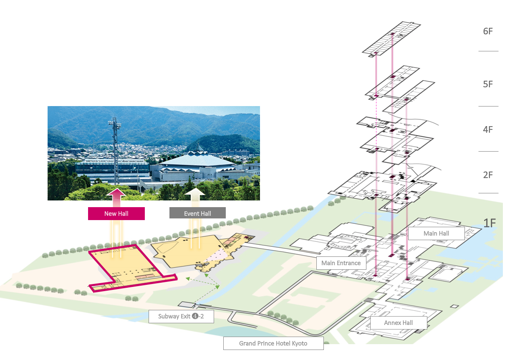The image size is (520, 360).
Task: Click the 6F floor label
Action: tap(488, 31)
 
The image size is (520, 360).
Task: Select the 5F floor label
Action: tap(488, 84)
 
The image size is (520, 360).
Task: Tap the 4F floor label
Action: tap(488, 129)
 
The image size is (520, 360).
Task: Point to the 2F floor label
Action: tap(488, 175)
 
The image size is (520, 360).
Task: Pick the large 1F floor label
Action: tap(490, 223)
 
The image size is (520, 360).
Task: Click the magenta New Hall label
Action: tap(116, 213)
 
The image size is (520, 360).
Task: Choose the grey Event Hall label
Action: tap(197, 213)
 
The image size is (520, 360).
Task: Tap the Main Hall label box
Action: tap(436, 233)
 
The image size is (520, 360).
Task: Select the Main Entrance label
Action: tap(341, 263)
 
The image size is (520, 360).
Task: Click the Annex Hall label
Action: tap(399, 322)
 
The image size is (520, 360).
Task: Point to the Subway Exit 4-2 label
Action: tap(181, 316)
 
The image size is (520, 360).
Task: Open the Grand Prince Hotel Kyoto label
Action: tap(273, 343)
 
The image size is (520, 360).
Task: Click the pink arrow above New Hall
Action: tap(116, 198)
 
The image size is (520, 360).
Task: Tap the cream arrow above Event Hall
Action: tap(195, 197)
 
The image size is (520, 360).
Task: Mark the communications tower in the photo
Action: tap(115, 151)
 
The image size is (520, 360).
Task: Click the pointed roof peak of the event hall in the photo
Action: tap(198, 145)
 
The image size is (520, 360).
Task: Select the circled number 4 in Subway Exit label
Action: tap(195, 316)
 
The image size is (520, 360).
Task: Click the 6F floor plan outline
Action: tap(391, 39)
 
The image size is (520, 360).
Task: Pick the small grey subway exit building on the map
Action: tap(187, 304)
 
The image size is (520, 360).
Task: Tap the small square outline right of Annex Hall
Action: tap(454, 307)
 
